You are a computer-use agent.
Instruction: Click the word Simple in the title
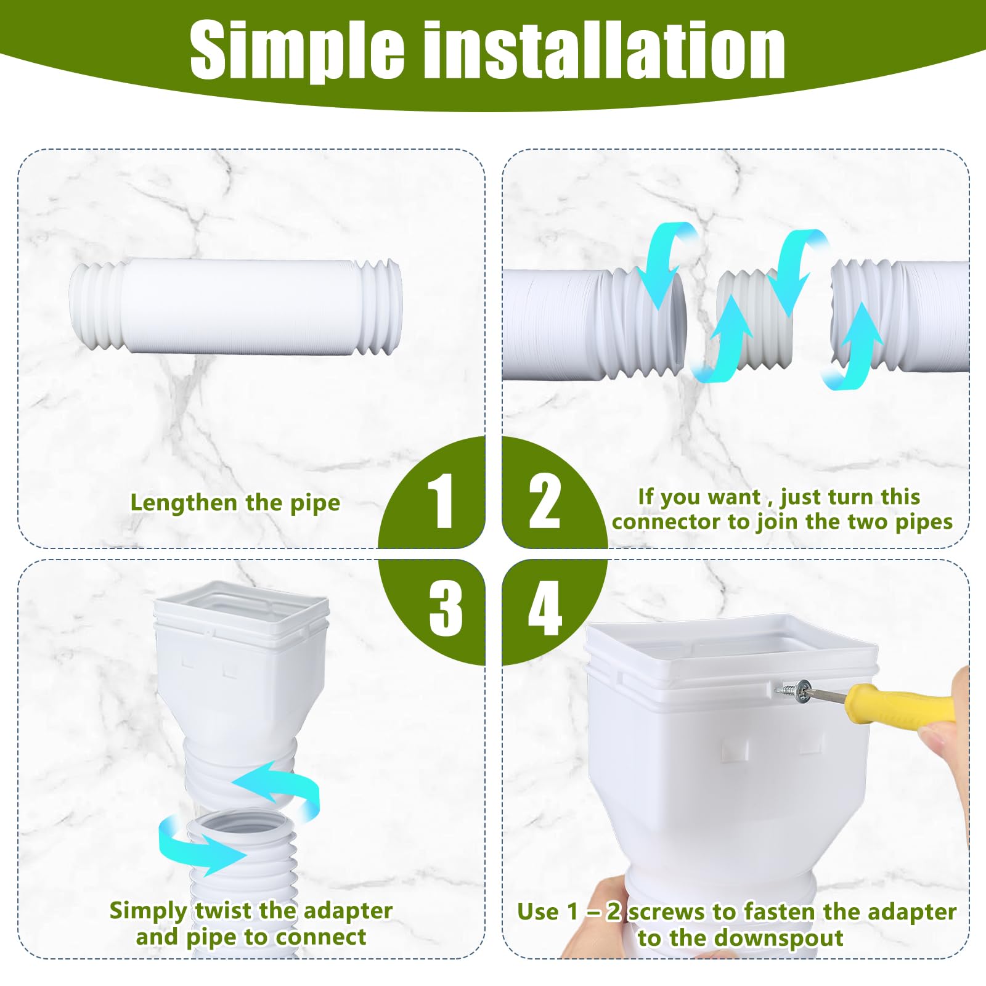coord(296,51)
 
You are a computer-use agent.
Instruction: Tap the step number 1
coord(441,501)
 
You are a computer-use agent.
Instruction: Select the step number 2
coord(544,501)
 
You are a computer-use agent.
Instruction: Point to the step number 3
coord(445,608)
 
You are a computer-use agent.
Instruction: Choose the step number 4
coord(545,608)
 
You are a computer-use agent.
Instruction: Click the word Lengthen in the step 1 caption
coord(184,503)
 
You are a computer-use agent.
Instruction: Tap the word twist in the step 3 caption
coord(224,911)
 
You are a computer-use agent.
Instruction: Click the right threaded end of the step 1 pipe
coord(378,307)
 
